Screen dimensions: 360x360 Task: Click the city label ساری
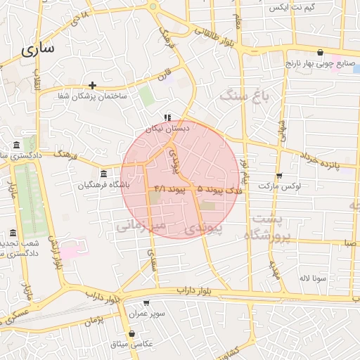click(x=38, y=50)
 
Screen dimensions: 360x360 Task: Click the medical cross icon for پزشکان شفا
click(x=92, y=85)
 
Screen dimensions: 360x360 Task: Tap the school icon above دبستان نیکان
click(x=167, y=117)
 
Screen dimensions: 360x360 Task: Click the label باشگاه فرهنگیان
click(x=105, y=186)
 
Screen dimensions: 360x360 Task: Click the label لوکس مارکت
click(x=279, y=186)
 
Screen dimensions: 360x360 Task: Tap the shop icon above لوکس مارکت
click(x=279, y=175)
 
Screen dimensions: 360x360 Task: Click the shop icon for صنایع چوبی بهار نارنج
click(x=321, y=52)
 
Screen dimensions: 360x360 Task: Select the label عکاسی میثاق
click(x=133, y=344)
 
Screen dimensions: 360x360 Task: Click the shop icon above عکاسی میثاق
click(x=132, y=333)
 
